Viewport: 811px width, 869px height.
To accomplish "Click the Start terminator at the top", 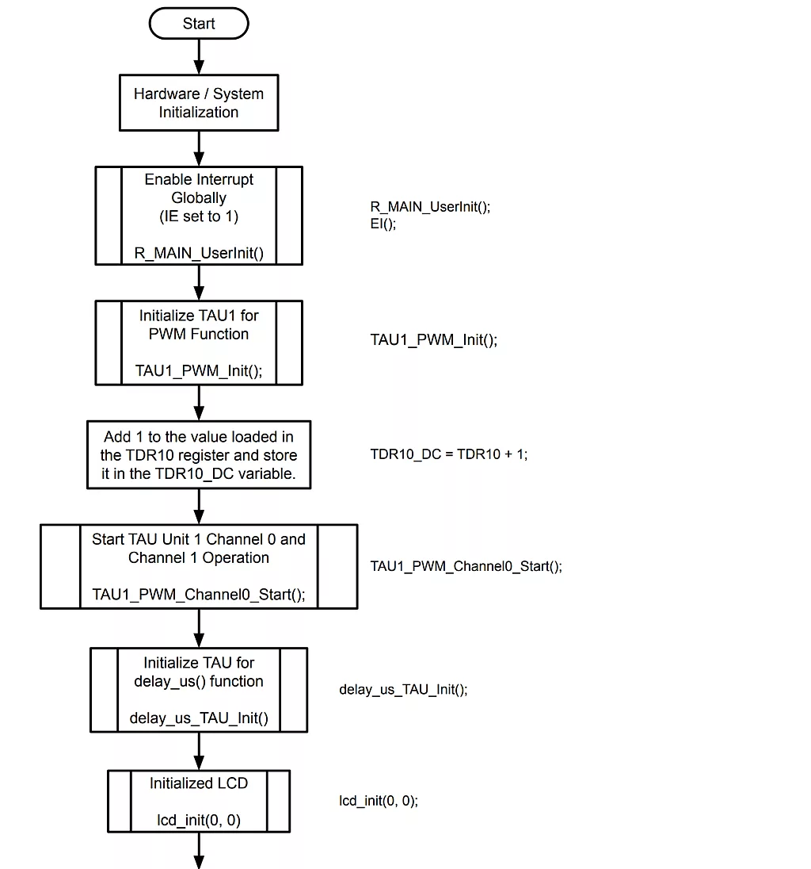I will tap(199, 24).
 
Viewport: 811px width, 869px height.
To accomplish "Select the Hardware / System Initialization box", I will tap(199, 103).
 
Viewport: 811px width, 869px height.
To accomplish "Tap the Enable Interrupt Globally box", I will tap(199, 215).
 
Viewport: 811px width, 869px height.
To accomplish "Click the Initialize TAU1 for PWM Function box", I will tap(199, 343).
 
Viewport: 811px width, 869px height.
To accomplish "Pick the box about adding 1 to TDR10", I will tap(199, 455).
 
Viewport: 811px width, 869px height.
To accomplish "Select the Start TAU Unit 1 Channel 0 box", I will tap(199, 566).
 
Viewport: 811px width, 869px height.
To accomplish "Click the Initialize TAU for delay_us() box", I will tap(199, 690).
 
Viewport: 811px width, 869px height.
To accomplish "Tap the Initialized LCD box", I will tap(199, 801).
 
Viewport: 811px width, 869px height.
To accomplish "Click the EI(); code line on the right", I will tap(383, 224).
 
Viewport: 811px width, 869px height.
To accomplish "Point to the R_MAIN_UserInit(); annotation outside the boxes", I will tap(431, 207).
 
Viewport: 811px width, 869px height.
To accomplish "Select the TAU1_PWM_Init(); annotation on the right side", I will tap(434, 340).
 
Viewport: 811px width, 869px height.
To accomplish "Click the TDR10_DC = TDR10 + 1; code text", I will tap(449, 455).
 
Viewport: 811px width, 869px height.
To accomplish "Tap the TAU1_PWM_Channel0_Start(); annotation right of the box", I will tap(466, 566).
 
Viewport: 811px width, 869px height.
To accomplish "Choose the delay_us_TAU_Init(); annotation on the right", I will tap(403, 690).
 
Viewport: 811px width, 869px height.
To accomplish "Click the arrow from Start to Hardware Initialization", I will tap(199, 56).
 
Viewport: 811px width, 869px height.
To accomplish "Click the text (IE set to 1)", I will tap(199, 216).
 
